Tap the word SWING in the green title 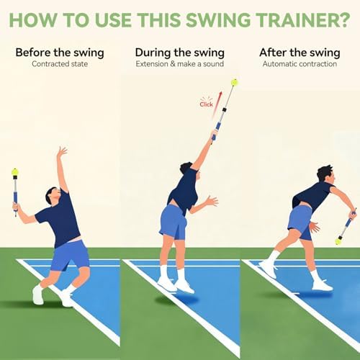coord(217,19)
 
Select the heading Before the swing coord(60,53)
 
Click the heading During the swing coord(180,53)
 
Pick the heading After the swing coord(300,53)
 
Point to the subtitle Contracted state coord(60,64)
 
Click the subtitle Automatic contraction coord(300,64)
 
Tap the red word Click coord(206,104)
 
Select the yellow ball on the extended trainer coord(235,82)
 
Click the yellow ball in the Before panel coord(15,172)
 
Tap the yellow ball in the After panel coord(339,240)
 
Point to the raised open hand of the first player coord(62,150)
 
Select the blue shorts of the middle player coord(174,221)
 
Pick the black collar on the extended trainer coord(225,109)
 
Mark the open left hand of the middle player coord(212,201)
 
